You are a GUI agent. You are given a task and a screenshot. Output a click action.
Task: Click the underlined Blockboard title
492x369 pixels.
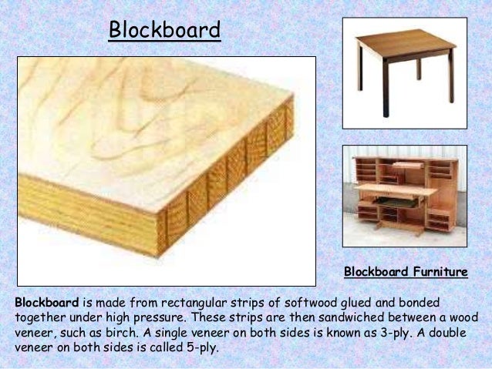[164, 30]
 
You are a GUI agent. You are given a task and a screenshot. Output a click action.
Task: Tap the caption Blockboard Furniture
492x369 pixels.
[406, 272]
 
